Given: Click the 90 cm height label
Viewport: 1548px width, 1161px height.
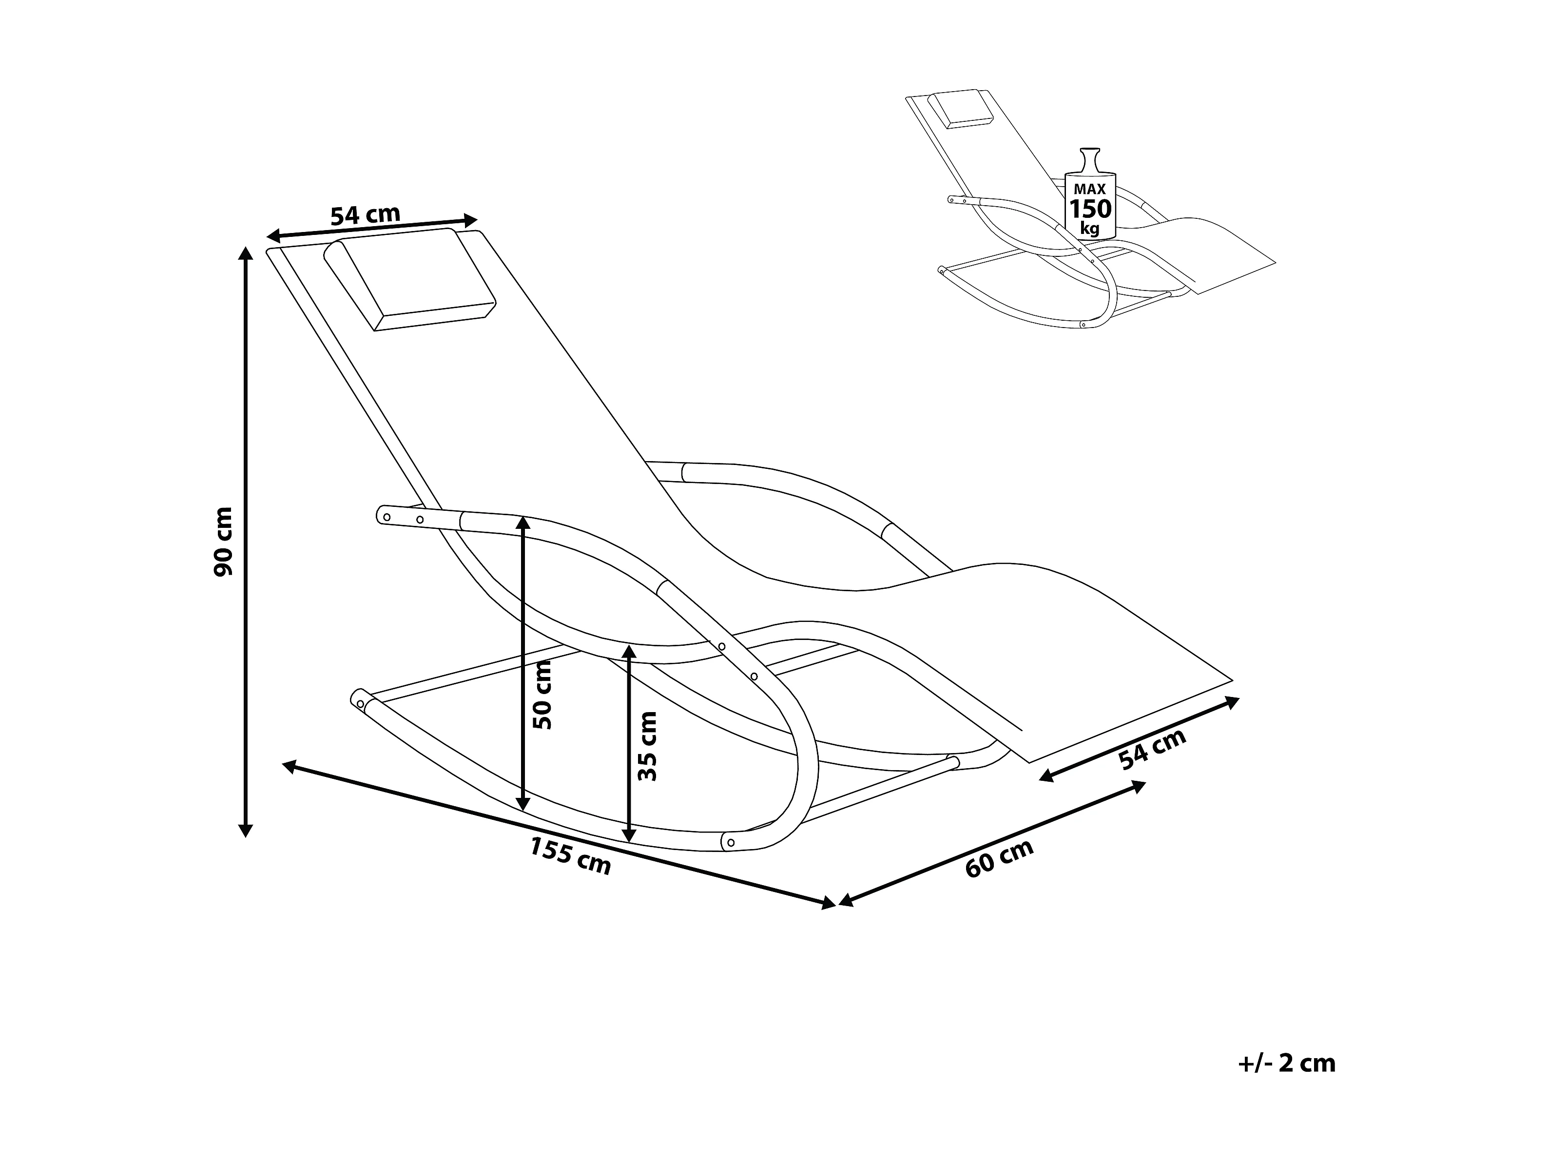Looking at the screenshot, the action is (x=223, y=542).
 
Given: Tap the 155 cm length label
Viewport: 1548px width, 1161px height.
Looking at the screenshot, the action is (x=570, y=855).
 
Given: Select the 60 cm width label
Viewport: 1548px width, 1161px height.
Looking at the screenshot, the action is (x=999, y=858).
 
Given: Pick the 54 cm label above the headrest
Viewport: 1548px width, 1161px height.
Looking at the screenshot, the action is (x=365, y=214).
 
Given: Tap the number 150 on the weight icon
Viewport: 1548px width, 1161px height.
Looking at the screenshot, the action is (x=1090, y=209).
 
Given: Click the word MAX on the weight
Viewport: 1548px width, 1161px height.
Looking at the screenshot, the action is (x=1090, y=189).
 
